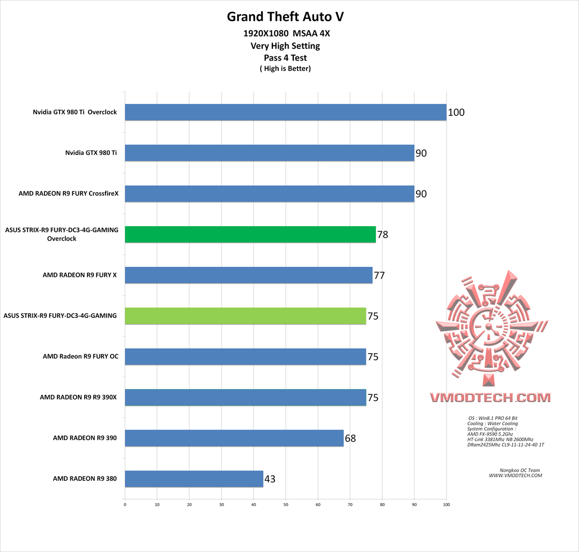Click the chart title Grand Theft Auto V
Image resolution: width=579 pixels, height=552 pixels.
coord(285,17)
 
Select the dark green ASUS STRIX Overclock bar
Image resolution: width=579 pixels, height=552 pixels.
coord(250,234)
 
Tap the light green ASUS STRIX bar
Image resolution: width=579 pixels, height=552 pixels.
coord(246,316)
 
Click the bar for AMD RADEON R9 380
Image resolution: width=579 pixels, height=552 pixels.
coord(194,479)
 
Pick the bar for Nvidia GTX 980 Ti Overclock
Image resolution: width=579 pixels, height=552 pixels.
coord(286,112)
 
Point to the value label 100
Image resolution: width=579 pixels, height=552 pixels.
coord(456,113)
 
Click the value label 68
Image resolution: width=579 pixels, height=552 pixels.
coord(350,438)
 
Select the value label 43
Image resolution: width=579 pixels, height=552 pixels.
coord(270,479)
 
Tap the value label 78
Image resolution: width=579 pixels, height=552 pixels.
coord(382,235)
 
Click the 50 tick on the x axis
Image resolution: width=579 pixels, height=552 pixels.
coord(286,504)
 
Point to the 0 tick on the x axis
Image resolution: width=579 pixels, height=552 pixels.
coord(125,504)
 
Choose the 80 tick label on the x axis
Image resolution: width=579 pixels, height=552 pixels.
coord(382,504)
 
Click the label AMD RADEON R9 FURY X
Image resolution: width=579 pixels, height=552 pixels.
coord(80,275)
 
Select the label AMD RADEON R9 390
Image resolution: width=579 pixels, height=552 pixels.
coord(85,438)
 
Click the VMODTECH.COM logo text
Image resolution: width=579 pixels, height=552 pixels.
coord(490,398)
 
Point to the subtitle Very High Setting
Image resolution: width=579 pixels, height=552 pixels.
coord(285,46)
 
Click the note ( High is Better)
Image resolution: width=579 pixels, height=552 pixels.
coord(285,68)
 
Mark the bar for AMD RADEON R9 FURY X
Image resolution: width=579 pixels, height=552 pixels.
coord(249,275)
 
